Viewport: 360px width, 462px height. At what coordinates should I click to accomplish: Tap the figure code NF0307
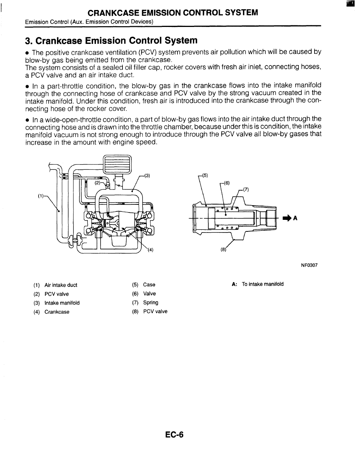click(309, 265)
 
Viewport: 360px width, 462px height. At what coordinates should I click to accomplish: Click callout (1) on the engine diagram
click(40, 196)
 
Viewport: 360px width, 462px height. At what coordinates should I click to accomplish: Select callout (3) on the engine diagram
click(146, 176)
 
